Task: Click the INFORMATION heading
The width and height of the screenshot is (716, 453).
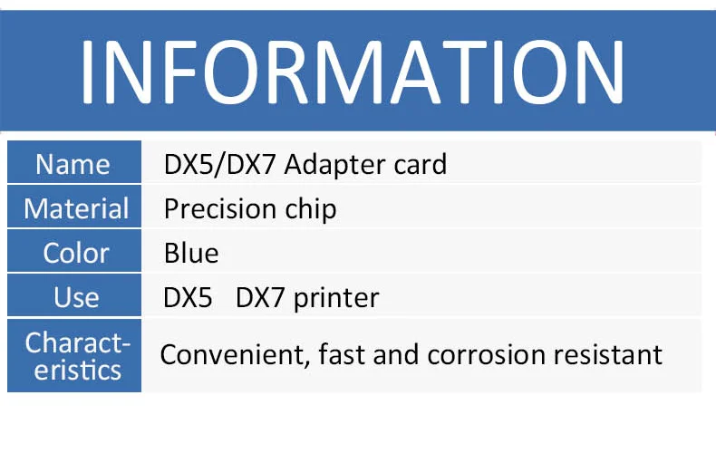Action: [352, 72]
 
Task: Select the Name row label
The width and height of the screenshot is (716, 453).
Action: [73, 164]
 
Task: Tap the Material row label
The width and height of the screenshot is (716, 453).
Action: [76, 208]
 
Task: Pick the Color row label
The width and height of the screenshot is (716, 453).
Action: [76, 253]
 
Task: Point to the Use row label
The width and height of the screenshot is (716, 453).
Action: [76, 297]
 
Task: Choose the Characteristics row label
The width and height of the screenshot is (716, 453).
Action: [78, 356]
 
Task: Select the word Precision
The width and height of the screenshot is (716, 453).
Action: [220, 209]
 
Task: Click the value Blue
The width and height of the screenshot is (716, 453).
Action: [191, 253]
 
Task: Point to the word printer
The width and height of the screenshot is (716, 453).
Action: [336, 299]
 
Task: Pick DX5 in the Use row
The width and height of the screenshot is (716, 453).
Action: [188, 298]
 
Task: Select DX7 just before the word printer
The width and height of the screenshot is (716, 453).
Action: [260, 298]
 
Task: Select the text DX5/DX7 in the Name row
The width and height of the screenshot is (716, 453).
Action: [219, 164]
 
